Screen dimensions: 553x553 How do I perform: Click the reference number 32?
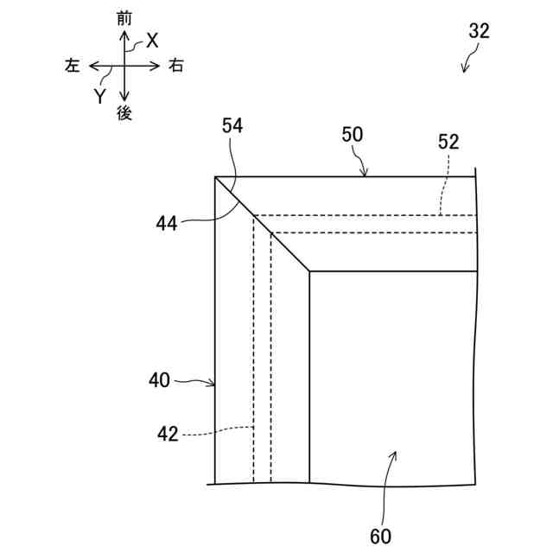pos(479,31)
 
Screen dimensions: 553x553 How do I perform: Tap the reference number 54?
pos(232,125)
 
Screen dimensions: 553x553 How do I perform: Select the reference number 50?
pos(353,134)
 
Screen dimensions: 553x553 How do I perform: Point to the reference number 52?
pos(448,143)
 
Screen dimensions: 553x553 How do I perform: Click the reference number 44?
pos(168,223)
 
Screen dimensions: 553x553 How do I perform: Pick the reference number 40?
pos(159,378)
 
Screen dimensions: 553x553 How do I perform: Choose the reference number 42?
pos(168,434)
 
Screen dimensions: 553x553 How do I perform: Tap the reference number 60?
pos(381,537)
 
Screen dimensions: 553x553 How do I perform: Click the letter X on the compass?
pos(152,40)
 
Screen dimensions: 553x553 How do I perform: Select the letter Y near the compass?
pos(100,96)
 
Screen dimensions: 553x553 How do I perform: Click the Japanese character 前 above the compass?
pos(125,17)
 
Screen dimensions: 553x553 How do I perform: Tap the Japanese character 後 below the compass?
pos(125,113)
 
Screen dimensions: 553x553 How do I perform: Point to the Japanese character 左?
pos(73,66)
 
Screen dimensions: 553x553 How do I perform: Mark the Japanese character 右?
pos(176,66)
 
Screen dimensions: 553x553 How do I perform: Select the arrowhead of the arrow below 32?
pos(466,70)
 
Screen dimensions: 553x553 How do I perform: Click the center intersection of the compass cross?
pos(125,65)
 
